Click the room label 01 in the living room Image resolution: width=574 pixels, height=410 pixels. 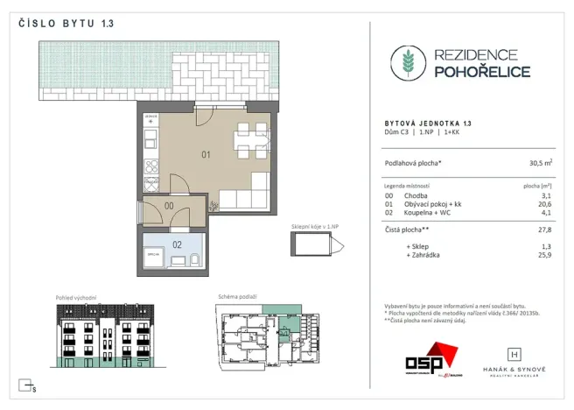206,155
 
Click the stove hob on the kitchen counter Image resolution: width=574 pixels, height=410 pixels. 150,166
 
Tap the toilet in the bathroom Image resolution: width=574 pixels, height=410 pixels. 193,260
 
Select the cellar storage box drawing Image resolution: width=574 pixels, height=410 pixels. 311,246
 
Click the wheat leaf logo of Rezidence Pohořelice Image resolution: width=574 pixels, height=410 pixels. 405,63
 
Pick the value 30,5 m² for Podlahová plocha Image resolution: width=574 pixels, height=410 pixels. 538,163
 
